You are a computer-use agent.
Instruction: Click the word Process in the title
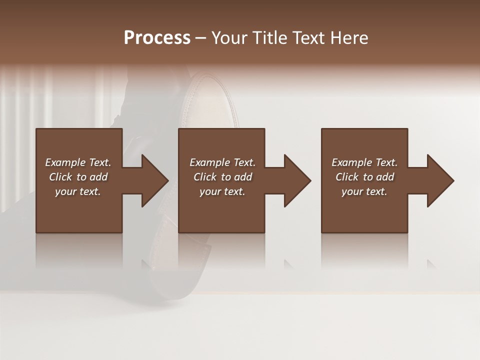pyautogui.click(x=157, y=38)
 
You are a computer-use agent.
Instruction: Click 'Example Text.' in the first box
pyautogui.click(x=78, y=162)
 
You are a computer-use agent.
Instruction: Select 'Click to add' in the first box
pyautogui.click(x=78, y=177)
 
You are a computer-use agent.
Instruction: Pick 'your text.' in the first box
pyautogui.click(x=78, y=191)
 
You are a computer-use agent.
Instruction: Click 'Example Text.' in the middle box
pyautogui.click(x=222, y=162)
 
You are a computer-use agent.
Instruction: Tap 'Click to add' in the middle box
pyautogui.click(x=222, y=177)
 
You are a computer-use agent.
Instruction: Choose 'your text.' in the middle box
pyautogui.click(x=222, y=191)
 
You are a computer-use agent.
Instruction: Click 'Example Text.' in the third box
pyautogui.click(x=364, y=162)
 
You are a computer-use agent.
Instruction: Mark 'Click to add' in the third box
pyautogui.click(x=364, y=177)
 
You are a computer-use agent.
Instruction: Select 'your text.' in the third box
pyautogui.click(x=364, y=191)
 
